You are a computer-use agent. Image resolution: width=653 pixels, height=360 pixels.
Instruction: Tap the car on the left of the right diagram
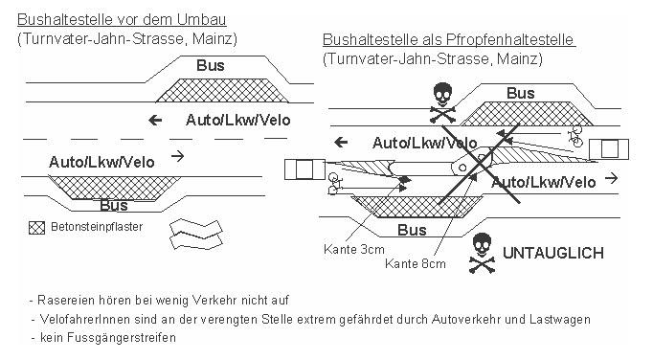point(304,169)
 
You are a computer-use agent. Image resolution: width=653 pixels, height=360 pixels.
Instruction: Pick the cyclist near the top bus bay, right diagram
point(576,134)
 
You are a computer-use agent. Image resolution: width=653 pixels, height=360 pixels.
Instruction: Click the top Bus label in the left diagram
point(210,66)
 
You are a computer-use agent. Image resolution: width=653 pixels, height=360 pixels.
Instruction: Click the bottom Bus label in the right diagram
point(412,231)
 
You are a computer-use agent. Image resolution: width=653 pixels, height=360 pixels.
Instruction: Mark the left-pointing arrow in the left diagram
point(154,121)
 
